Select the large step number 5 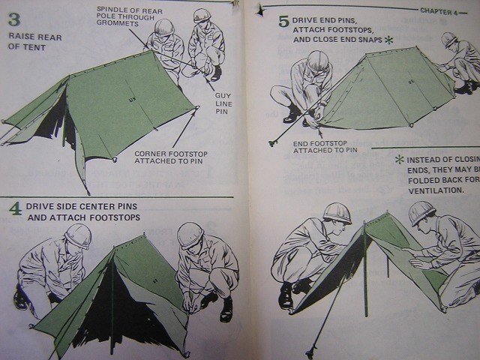coord(283,20)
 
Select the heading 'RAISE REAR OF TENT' coord(26,41)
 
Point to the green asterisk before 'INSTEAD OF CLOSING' coord(399,159)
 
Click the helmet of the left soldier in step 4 coord(77,235)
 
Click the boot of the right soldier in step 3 coord(216,73)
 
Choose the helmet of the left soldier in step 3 coord(163,26)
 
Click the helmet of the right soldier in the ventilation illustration coord(422,212)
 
